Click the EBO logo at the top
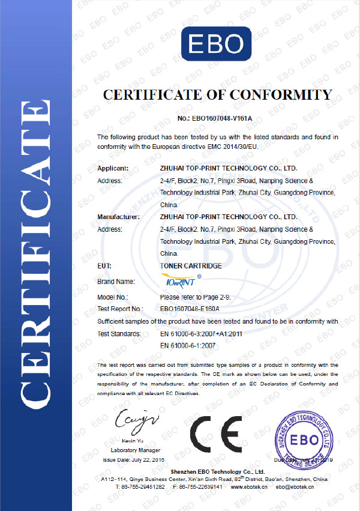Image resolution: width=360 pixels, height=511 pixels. [217, 43]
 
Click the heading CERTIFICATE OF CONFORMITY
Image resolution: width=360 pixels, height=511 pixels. [217, 95]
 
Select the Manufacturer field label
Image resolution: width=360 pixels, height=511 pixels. [119, 217]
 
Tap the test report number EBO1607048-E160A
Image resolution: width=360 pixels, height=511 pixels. [190, 309]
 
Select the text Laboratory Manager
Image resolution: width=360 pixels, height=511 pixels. [136, 450]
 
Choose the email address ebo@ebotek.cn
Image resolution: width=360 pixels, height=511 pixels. [295, 486]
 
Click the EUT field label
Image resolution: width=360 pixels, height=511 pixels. [104, 265]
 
